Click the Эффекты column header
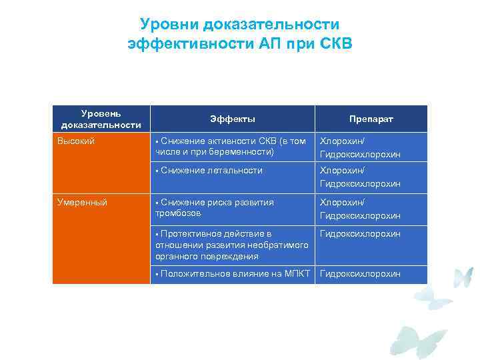[233, 119]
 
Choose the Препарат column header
[371, 119]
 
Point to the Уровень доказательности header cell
[101, 119]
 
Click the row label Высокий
[76, 141]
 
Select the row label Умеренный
[82, 202]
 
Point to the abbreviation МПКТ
[297, 274]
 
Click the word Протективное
[188, 234]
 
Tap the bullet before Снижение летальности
[156, 171]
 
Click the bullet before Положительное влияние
[156, 274]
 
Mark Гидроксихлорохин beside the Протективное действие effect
[360, 234]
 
